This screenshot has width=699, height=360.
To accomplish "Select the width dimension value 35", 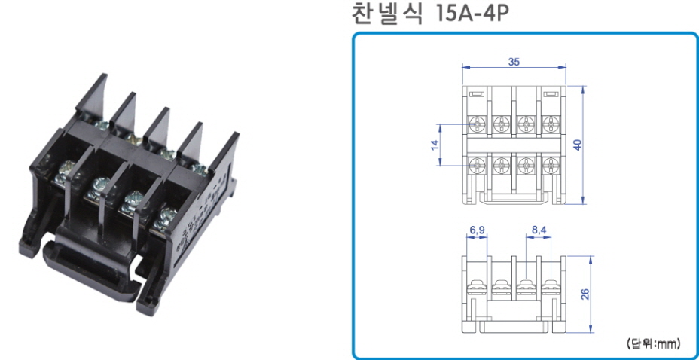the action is [x=514, y=62].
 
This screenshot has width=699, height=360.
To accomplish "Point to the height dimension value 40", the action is [x=578, y=145].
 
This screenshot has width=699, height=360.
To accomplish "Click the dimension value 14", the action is [x=435, y=145].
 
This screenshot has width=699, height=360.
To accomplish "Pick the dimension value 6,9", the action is [x=477, y=230].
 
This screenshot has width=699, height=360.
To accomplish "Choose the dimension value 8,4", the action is [x=539, y=230].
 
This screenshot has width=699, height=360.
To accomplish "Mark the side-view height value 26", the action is [x=585, y=294].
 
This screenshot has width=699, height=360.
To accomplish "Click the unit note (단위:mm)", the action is [x=654, y=343].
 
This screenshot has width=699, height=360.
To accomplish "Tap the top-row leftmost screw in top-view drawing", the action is [x=478, y=123].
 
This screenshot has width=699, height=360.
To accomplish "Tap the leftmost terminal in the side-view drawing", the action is [x=478, y=288].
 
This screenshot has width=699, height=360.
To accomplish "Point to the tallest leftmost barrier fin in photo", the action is [x=92, y=93].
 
